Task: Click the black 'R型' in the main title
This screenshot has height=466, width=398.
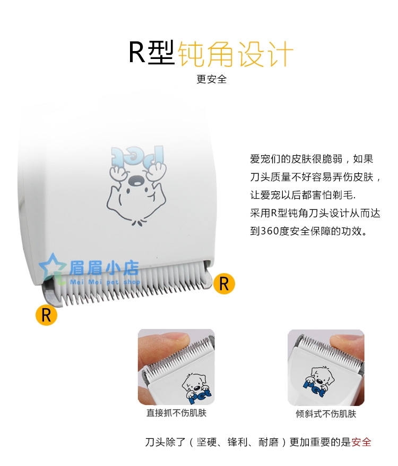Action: (152, 53)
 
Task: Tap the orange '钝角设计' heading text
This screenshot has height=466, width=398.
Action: (236, 54)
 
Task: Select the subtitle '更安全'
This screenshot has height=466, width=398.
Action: (212, 79)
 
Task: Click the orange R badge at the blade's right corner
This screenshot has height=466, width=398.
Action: (224, 284)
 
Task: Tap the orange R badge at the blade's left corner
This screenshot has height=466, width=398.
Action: (46, 315)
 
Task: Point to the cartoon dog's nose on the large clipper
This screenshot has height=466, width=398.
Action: (136, 180)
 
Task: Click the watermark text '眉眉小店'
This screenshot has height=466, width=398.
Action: (104, 267)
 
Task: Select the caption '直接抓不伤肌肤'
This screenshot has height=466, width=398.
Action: (176, 413)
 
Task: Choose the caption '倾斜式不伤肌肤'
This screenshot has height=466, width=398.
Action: (326, 414)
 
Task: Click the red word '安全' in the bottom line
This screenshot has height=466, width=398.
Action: (361, 442)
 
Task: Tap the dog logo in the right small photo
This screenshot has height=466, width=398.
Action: (319, 382)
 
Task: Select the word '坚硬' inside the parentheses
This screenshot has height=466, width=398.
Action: (206, 442)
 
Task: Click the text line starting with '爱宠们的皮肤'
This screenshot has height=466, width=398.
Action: (312, 159)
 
